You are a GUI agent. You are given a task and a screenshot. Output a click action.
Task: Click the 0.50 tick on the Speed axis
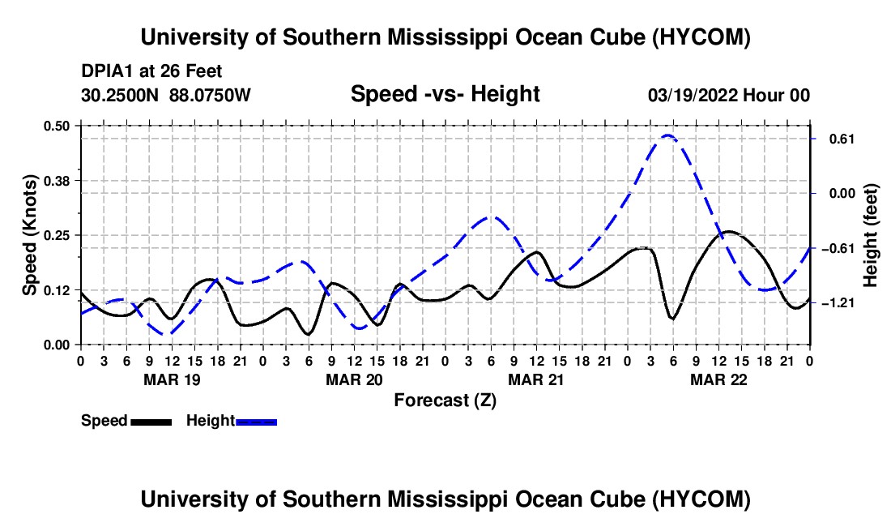(56, 126)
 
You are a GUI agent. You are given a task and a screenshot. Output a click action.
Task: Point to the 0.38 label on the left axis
(56, 181)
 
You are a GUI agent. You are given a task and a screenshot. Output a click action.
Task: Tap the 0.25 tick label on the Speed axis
(56, 235)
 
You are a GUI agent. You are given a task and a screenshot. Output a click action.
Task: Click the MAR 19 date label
(173, 379)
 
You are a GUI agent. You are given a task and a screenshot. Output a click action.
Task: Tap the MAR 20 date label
(354, 379)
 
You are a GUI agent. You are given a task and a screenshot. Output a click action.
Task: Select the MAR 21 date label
(536, 379)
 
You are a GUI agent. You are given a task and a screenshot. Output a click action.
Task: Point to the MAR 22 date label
(718, 379)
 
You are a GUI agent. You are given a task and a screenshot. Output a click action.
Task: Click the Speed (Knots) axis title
(29, 235)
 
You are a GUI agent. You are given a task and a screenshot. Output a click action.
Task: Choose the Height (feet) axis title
(870, 235)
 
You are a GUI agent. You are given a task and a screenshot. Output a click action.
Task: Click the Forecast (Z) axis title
(445, 401)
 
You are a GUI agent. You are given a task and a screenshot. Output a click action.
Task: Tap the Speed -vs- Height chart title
(445, 94)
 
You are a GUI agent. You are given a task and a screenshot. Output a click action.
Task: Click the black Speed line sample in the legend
(151, 422)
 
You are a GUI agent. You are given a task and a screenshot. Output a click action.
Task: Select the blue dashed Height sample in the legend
(256, 422)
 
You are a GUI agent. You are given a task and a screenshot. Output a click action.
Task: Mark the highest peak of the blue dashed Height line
(667, 135)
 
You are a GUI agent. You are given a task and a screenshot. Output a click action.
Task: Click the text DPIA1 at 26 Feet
(151, 71)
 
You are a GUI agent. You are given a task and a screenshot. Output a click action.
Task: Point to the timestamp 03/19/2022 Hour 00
(728, 95)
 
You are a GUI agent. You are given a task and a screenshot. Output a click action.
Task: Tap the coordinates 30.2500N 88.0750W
(165, 95)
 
